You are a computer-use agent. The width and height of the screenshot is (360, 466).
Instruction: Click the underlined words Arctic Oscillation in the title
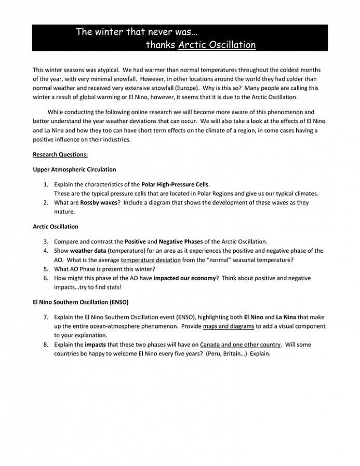click(217, 45)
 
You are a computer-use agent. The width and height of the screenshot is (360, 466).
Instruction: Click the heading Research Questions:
click(60, 155)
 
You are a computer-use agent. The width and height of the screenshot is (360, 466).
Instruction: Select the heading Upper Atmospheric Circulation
click(74, 170)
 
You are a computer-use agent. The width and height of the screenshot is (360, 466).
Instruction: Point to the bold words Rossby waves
click(99, 203)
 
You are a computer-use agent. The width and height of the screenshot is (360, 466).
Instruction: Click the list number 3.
click(46, 242)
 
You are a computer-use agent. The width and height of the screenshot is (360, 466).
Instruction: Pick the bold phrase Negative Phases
click(181, 242)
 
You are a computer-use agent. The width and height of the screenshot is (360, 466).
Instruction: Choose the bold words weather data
click(88, 251)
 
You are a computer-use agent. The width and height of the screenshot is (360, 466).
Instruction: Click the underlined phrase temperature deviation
click(151, 260)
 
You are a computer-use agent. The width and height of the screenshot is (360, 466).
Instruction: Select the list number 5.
click(46, 269)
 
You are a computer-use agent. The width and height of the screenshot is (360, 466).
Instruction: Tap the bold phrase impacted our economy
click(185, 279)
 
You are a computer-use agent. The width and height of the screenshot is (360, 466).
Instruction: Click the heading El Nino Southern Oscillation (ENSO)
click(81, 302)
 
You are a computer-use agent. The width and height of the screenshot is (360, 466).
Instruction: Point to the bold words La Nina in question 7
click(286, 317)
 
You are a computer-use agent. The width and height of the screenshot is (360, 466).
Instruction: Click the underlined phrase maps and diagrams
click(229, 326)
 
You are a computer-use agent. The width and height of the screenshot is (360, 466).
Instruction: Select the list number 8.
click(46, 345)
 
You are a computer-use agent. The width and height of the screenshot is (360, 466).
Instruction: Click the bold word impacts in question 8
click(97, 345)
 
